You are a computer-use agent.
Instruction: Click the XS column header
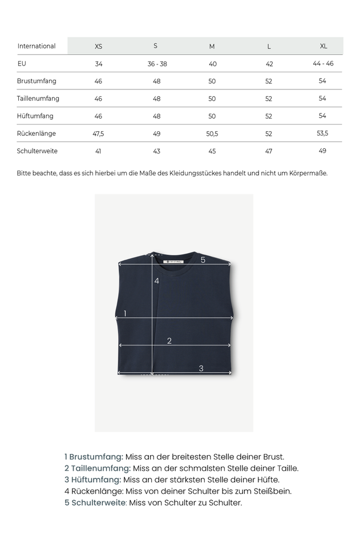98,46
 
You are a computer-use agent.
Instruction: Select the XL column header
323,46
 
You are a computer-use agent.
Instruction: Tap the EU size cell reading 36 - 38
157,64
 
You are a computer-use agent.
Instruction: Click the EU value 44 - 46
323,63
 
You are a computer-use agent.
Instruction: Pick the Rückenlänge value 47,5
98,133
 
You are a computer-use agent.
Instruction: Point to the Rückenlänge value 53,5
323,133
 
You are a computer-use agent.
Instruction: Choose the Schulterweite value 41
98,151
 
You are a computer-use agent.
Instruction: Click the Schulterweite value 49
323,151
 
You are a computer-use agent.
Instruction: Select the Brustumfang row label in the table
37,81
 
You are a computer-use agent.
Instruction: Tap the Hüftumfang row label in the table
35,116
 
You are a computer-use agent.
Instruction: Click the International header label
37,46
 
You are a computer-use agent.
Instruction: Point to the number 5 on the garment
203,260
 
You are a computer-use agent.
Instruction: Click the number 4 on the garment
156,281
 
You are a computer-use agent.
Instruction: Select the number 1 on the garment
125,313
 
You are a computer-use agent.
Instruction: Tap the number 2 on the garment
169,341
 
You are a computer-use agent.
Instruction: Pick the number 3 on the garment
201,368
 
